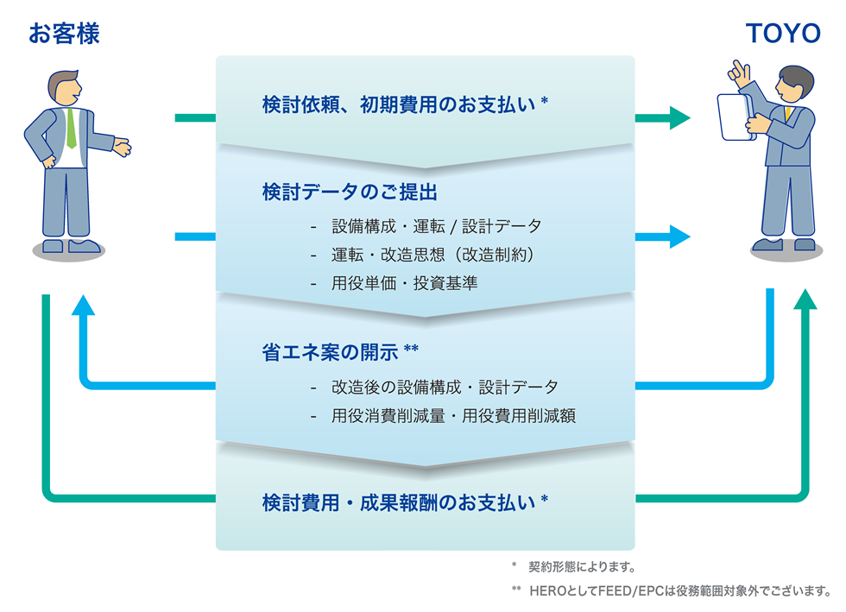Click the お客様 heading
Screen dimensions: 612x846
(x=64, y=34)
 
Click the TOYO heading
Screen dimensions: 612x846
(x=783, y=34)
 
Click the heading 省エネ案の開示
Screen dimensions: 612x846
(x=340, y=352)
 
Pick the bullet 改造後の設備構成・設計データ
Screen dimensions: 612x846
(x=445, y=387)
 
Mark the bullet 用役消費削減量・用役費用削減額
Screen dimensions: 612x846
(x=453, y=415)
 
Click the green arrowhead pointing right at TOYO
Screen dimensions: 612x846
(x=679, y=117)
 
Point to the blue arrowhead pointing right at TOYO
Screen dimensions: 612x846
(x=679, y=235)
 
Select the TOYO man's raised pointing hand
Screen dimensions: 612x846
(x=738, y=70)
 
